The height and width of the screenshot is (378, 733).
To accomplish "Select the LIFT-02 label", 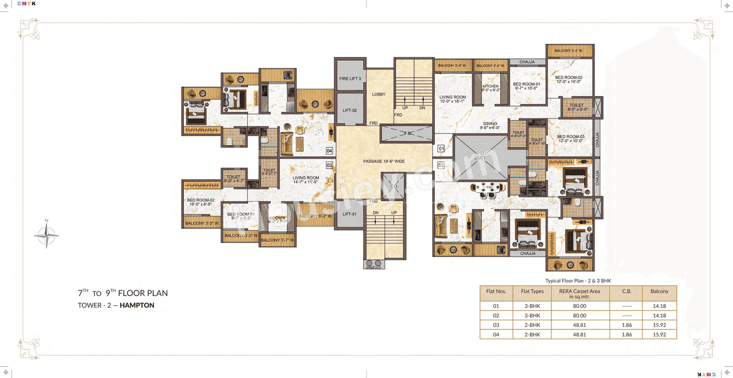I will [350, 111].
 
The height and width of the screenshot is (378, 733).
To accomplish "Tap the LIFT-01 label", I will [350, 214].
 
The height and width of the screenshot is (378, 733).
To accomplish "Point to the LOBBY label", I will [379, 94].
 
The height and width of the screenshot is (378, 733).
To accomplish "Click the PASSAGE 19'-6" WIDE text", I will [384, 162].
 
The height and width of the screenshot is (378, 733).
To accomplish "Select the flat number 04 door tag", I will [329, 151].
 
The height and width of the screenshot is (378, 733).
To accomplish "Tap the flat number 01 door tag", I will [441, 149].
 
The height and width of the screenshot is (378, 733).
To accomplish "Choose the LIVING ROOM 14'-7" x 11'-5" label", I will [305, 180].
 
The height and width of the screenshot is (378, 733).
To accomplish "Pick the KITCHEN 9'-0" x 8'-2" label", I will [490, 88].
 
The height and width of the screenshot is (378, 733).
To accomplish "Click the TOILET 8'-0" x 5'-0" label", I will [576, 107].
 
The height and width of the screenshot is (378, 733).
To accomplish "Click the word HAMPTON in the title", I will [137, 305].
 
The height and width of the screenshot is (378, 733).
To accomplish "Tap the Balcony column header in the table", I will [659, 292].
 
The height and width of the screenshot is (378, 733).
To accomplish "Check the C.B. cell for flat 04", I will [626, 334].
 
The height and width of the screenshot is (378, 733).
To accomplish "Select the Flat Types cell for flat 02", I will [532, 316].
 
